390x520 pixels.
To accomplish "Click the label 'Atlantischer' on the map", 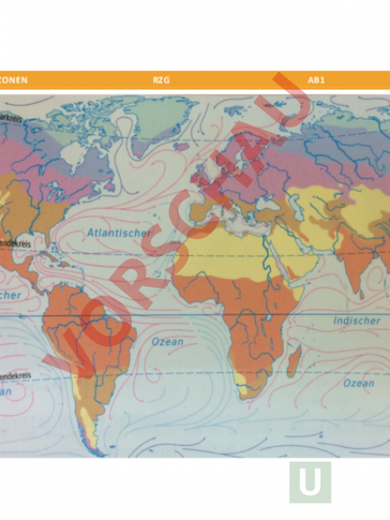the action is click(x=119, y=232).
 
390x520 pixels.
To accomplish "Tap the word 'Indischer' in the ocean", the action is click(x=356, y=321).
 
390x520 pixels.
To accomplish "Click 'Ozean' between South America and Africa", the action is click(x=167, y=341).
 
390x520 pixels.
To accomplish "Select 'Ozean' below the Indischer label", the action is click(x=359, y=382).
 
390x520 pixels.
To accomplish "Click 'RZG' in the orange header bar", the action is click(x=160, y=80).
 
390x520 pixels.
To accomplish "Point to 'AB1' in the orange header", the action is click(x=315, y=80).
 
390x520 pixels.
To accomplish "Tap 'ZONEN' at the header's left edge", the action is click(x=14, y=80).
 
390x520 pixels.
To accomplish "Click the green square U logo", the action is click(x=309, y=482).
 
